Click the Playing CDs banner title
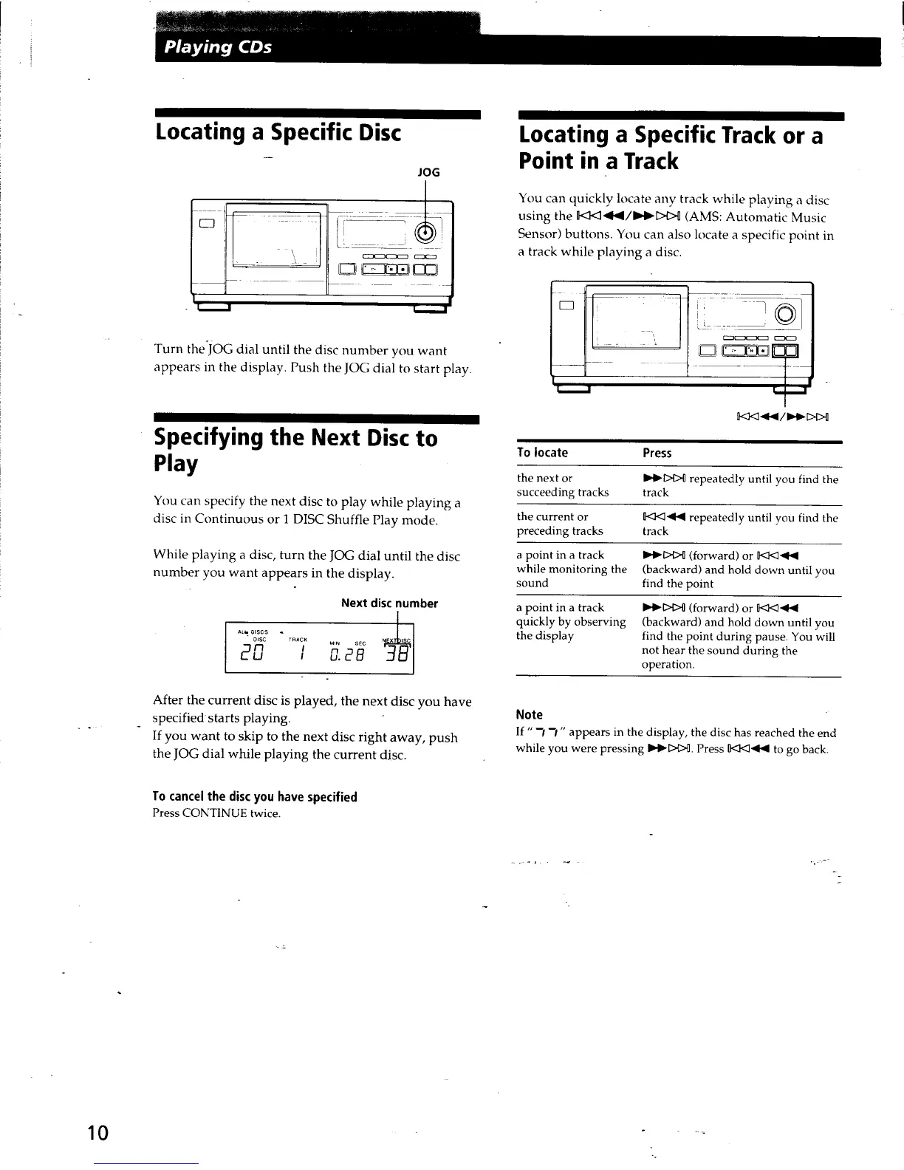[218, 48]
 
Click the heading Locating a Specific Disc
[278, 133]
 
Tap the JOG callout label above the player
[428, 172]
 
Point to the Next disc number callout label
[389, 603]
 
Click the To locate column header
[542, 453]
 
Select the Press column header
[657, 453]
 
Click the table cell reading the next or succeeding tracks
[563, 485]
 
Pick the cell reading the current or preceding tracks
[560, 524]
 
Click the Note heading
[529, 714]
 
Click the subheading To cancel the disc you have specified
[254, 796]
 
